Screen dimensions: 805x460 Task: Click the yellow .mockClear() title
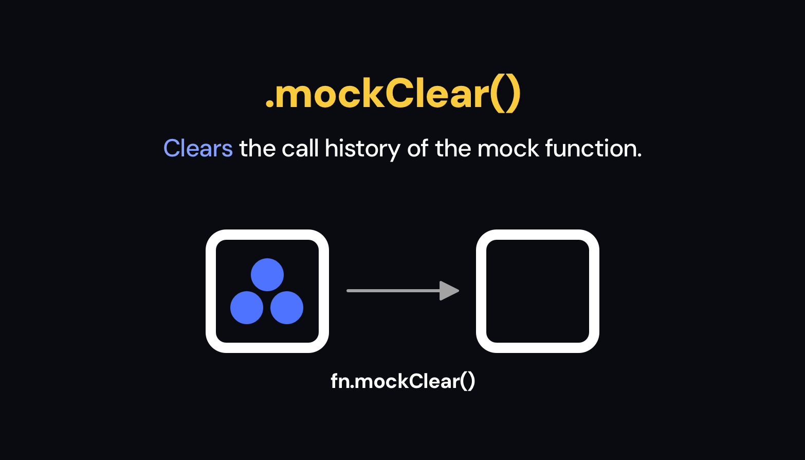393,95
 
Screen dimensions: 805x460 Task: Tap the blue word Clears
198,149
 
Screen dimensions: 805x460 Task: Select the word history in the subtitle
362,149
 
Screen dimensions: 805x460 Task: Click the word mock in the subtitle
508,149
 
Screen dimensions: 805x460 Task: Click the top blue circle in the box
267,275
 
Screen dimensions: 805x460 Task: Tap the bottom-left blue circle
247,308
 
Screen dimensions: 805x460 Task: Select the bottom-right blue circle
287,308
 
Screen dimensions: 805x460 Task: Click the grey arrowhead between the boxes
448,291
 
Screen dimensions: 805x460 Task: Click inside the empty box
538,291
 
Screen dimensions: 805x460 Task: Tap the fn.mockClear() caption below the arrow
402,381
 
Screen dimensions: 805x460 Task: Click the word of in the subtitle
417,149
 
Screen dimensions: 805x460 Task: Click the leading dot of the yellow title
269,105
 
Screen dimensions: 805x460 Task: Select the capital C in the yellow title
399,95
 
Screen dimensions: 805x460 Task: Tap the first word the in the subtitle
257,149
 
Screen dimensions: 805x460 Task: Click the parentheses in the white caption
467,381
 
